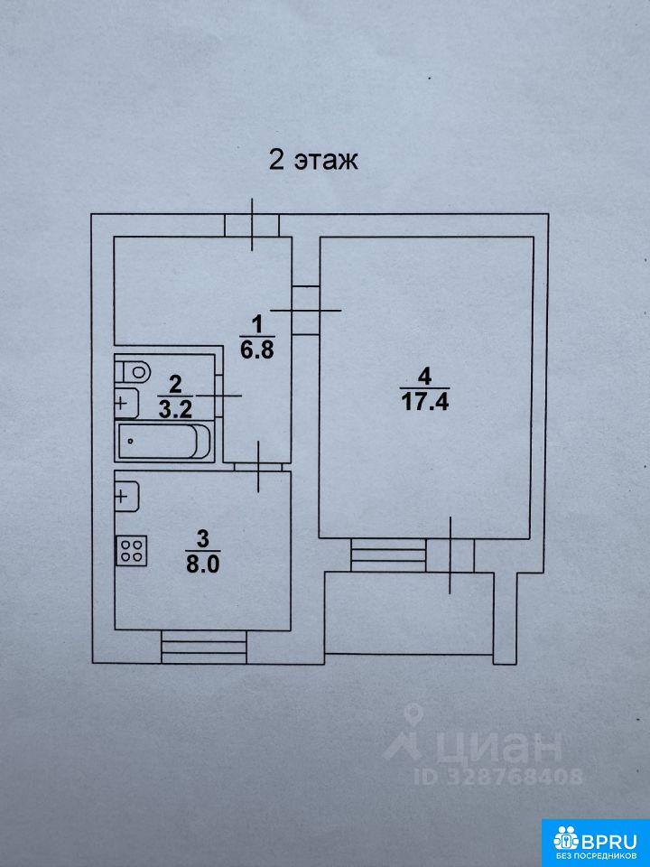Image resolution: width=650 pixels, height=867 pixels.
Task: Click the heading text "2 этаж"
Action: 313,160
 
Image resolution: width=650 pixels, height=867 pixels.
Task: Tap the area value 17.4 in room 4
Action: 424,401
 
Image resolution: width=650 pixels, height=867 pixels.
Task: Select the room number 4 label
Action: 424,377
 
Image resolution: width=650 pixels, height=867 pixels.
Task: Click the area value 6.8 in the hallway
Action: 256,350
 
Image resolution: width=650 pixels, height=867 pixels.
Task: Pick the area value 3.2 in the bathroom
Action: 175,410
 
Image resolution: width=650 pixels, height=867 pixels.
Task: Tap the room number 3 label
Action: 204,537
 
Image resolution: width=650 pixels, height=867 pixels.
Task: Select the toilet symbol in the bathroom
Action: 132,370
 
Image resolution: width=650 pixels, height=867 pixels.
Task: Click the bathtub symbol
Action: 163,442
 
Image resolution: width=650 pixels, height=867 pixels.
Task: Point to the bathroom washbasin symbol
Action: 126,403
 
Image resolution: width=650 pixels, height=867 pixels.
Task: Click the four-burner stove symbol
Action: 132,551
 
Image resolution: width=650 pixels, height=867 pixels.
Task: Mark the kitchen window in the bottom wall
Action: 203,647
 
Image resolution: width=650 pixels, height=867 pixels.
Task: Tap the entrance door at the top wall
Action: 252,225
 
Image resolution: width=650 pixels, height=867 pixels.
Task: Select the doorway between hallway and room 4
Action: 305,310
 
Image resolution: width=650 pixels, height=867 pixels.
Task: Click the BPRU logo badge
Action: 595,843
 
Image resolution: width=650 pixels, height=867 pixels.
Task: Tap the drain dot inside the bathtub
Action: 130,442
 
